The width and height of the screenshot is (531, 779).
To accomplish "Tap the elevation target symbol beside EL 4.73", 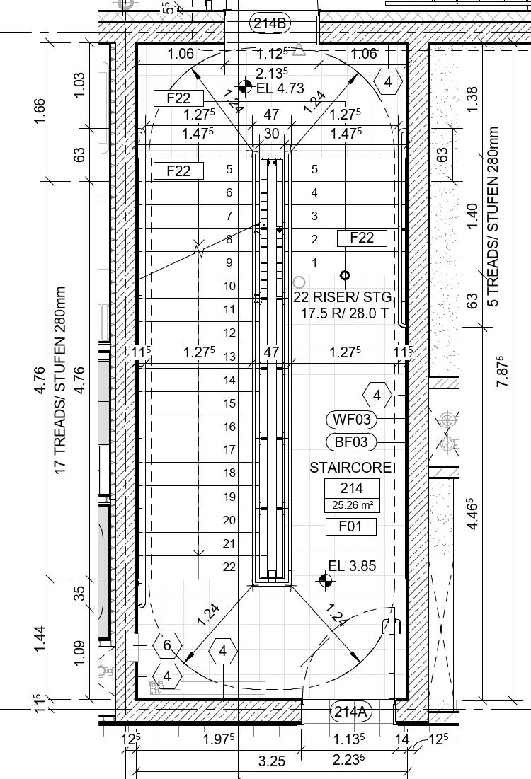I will pyautogui.click(x=245, y=87).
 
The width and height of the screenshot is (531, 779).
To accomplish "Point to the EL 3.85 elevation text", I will pyautogui.click(x=352, y=565).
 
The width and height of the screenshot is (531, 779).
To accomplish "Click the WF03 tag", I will pyautogui.click(x=351, y=420).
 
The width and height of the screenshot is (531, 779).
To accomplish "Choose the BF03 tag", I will pyautogui.click(x=351, y=442).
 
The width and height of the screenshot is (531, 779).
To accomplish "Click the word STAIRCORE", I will pyautogui.click(x=350, y=468).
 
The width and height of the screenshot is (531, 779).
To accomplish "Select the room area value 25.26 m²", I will pyautogui.click(x=351, y=505).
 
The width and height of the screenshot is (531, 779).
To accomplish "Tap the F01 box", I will pyautogui.click(x=350, y=526).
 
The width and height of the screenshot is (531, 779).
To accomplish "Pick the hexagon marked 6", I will pyautogui.click(x=167, y=645).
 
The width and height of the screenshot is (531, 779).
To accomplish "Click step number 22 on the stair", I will pyautogui.click(x=229, y=567).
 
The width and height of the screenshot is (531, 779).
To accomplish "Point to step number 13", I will pyautogui.click(x=229, y=357).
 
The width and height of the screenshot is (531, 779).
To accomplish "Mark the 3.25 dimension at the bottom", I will pyautogui.click(x=271, y=761).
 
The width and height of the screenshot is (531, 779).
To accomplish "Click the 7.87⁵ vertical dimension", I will pyautogui.click(x=502, y=371).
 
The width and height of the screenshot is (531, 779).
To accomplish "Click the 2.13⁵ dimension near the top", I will pyautogui.click(x=272, y=73).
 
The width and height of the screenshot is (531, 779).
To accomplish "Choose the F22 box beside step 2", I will pyautogui.click(x=362, y=238).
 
